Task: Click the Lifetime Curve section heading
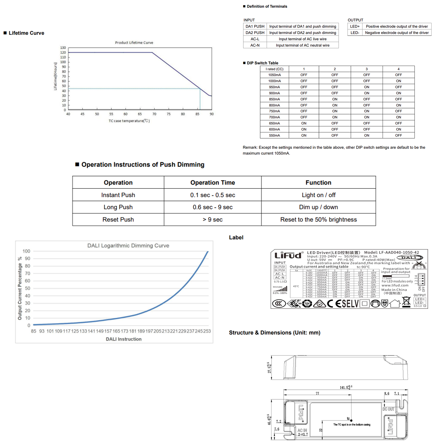pos(26,33)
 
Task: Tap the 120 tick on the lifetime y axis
pos(63,53)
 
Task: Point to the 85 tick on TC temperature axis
pos(197,114)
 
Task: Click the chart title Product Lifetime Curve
pos(134,43)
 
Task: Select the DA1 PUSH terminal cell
pos(255,27)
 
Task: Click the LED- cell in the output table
pos(355,33)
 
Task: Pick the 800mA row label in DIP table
pos(274,105)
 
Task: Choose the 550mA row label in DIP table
pos(274,136)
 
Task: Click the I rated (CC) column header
pos(274,69)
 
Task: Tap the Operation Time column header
pos(213,182)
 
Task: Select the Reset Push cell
pos(118,220)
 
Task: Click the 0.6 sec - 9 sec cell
pos(213,207)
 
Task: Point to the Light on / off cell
pos(318,195)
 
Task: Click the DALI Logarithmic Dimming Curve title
pos(128,246)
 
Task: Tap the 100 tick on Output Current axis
pos(26,251)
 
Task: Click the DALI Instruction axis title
pos(124,339)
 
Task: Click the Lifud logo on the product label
pos(288,255)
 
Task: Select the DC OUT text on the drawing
pos(388,409)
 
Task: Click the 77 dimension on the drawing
pos(317,393)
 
